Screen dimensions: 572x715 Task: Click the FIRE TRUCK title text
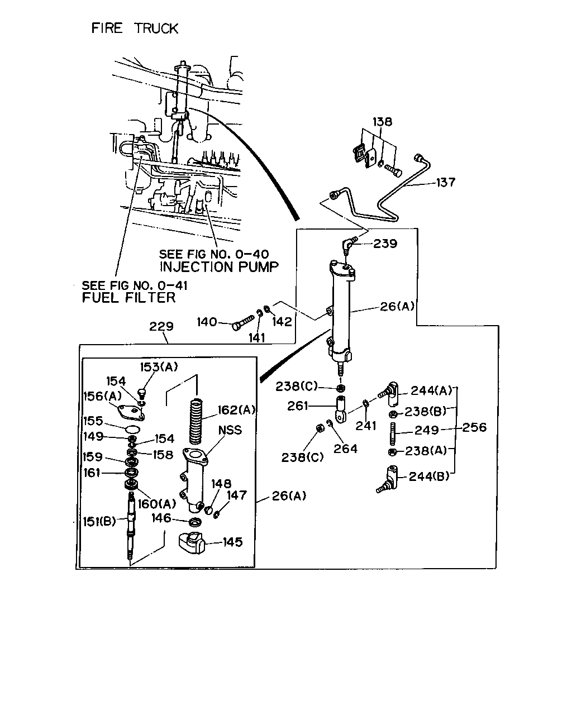click(x=135, y=28)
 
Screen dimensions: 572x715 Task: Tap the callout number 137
click(x=445, y=182)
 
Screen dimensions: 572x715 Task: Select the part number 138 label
click(x=382, y=122)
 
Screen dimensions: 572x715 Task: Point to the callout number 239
click(x=385, y=244)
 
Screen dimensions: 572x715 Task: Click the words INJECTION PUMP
click(x=219, y=266)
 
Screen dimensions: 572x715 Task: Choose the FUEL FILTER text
click(x=128, y=297)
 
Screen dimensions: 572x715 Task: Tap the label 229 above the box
click(x=161, y=326)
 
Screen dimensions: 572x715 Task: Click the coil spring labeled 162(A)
click(x=196, y=421)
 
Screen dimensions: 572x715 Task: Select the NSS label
click(x=230, y=430)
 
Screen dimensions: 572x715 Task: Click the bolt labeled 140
click(x=242, y=322)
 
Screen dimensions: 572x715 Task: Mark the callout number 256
click(x=474, y=427)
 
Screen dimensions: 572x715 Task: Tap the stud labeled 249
click(x=393, y=433)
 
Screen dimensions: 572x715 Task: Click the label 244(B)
click(x=429, y=476)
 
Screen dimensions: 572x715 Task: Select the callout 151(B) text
click(x=99, y=521)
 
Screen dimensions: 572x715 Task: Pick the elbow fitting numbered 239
click(x=349, y=245)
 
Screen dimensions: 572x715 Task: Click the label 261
click(x=298, y=406)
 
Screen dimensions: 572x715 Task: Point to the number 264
click(x=345, y=449)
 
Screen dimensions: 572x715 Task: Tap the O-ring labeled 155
click(x=133, y=429)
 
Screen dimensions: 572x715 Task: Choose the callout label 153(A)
click(x=159, y=367)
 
